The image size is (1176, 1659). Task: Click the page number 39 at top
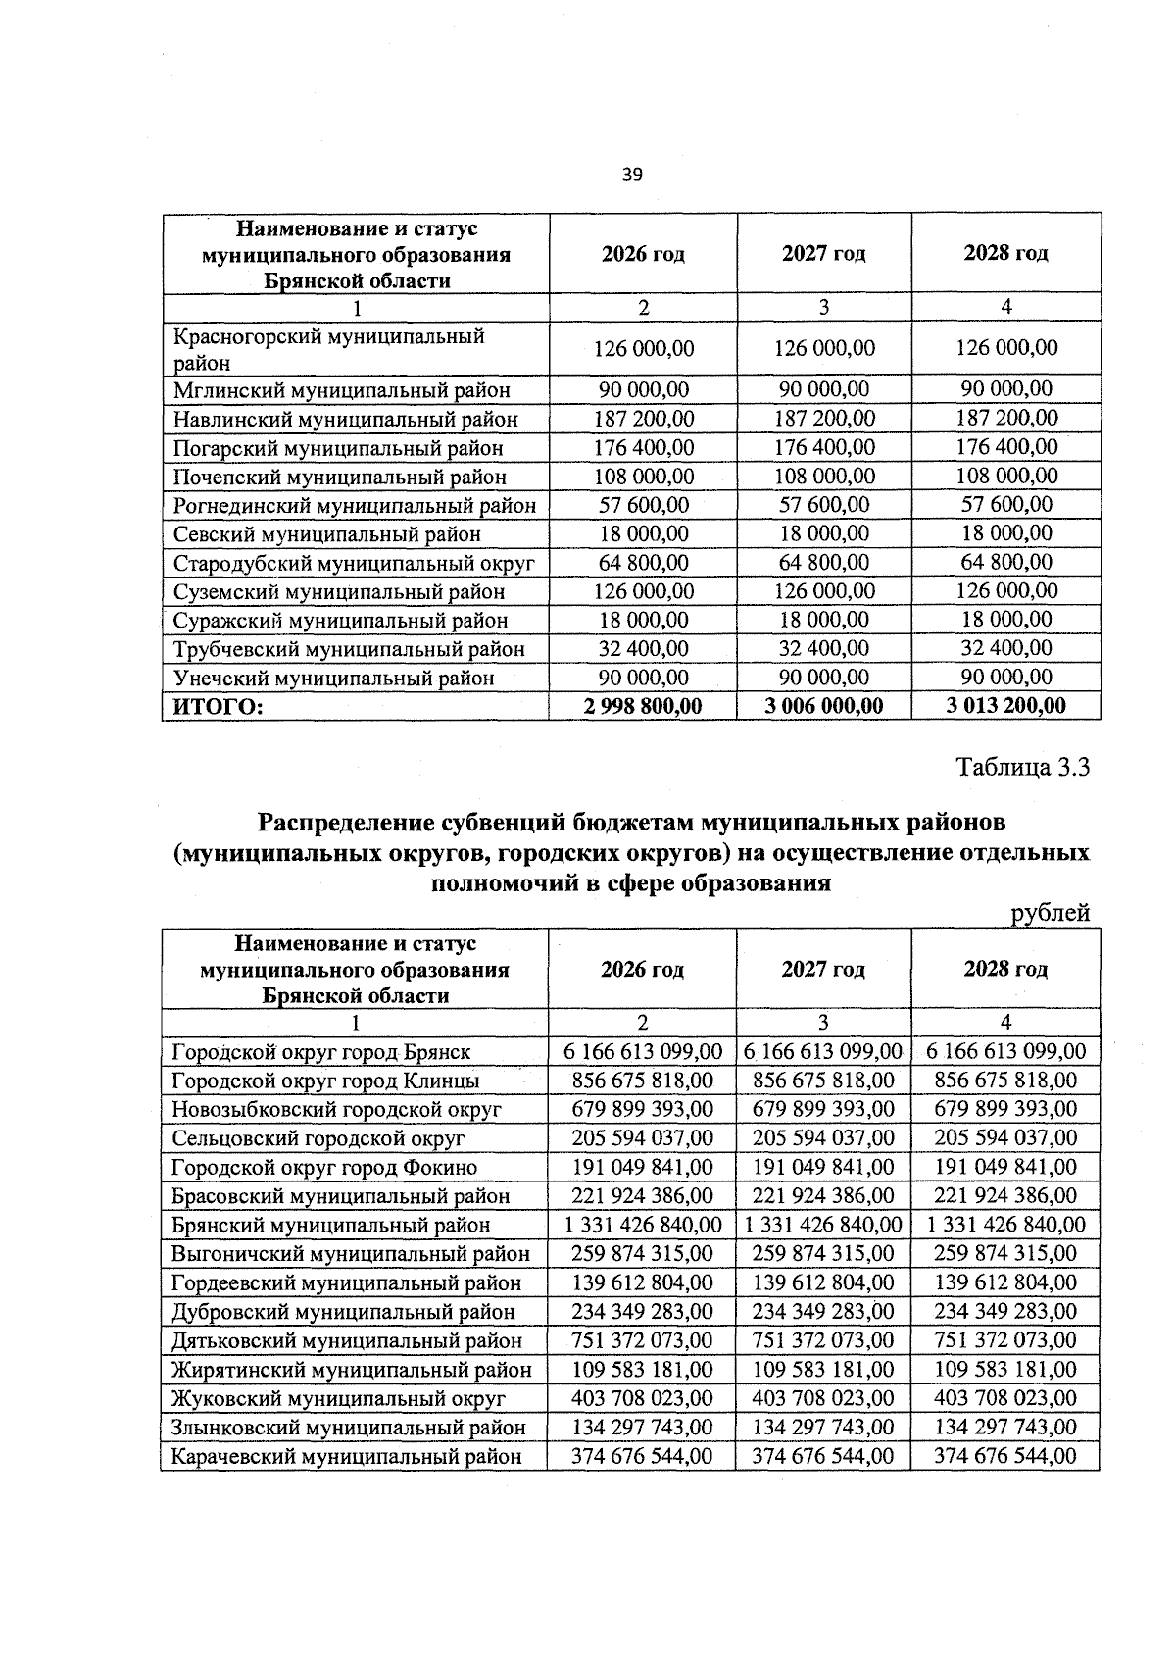coord(632,175)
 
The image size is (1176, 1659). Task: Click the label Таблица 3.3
coord(1023,767)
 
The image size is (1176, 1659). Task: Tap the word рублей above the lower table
coord(1051,914)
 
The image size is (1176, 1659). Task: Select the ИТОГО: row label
coord(219,706)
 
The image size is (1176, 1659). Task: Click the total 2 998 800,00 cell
coord(643,706)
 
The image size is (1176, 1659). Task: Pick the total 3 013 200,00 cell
coord(1006,706)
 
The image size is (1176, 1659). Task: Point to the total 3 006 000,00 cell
coord(823,706)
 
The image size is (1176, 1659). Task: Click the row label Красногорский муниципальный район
coord(328,349)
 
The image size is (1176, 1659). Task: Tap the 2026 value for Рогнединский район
coord(643,506)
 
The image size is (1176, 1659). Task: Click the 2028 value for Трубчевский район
coord(1006,648)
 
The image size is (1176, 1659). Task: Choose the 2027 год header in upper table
coord(823,254)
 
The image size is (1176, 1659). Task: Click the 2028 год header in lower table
coord(1005,969)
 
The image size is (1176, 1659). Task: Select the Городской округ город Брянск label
coord(320,1052)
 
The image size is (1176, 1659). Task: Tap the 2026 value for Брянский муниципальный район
coord(643,1225)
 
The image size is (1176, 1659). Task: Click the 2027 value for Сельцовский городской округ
coord(823,1138)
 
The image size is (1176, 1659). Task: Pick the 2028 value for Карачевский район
coord(1005,1456)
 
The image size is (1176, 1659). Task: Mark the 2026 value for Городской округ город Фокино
coord(643,1167)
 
